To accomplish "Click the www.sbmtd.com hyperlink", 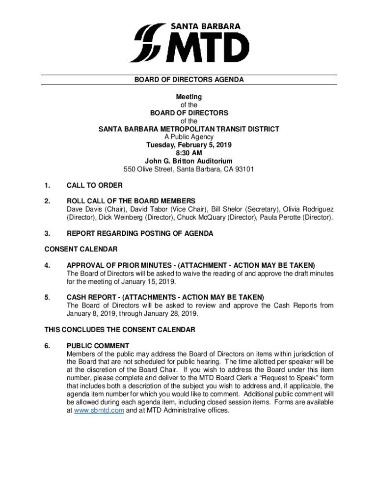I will click(x=99, y=410).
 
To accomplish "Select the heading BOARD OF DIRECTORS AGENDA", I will click(x=189, y=80).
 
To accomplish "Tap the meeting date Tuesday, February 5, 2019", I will click(x=189, y=145).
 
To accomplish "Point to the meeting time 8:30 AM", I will click(x=189, y=153).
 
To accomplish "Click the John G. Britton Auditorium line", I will click(x=189, y=161).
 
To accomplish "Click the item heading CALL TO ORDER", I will click(x=95, y=185).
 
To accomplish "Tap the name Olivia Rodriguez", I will click(x=308, y=209).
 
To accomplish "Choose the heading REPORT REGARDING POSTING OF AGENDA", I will click(x=140, y=233).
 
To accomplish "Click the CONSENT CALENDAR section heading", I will click(x=81, y=250).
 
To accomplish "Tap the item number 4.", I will click(x=47, y=265).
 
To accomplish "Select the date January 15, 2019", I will click(x=151, y=281).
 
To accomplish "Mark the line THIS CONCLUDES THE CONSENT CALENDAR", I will click(x=120, y=330).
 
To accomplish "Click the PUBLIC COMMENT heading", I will click(x=98, y=345).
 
